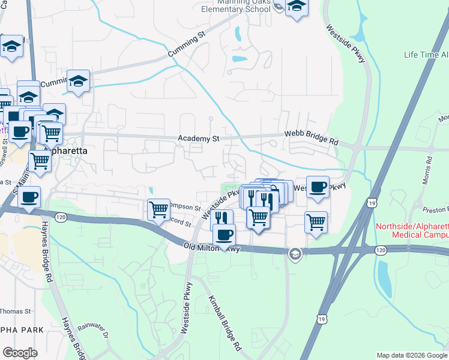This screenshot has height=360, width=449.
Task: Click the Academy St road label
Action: [x=199, y=139]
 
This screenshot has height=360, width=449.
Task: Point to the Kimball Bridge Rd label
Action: [x=224, y=323]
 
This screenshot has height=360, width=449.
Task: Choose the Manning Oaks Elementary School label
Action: [x=237, y=5]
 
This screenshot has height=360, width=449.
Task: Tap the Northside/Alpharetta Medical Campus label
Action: [x=411, y=230]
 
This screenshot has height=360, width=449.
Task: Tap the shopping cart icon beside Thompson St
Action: [x=158, y=209]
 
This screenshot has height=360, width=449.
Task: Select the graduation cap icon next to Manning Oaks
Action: [x=297, y=8]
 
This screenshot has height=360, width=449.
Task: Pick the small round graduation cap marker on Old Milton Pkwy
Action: [x=294, y=254]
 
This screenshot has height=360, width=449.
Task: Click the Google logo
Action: [x=20, y=353]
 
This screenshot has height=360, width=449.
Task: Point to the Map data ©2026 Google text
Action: [x=411, y=355]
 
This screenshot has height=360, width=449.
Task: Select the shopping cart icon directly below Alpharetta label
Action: [x=40, y=160]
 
